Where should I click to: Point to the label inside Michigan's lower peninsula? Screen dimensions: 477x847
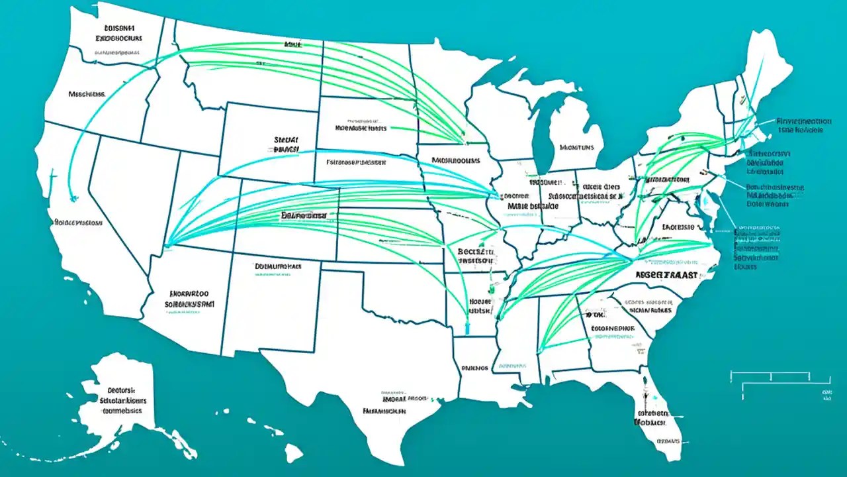coord(576,148)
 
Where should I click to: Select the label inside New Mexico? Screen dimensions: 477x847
coord(278,266)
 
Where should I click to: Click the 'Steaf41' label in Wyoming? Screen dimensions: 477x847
coord(286,145)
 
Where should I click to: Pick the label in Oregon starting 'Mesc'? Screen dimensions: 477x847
coord(87,94)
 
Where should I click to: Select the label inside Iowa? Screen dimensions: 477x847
coord(456,160)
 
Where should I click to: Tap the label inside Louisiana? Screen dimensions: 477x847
coord(474,366)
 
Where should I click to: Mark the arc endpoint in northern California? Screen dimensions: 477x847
coord(72,197)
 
